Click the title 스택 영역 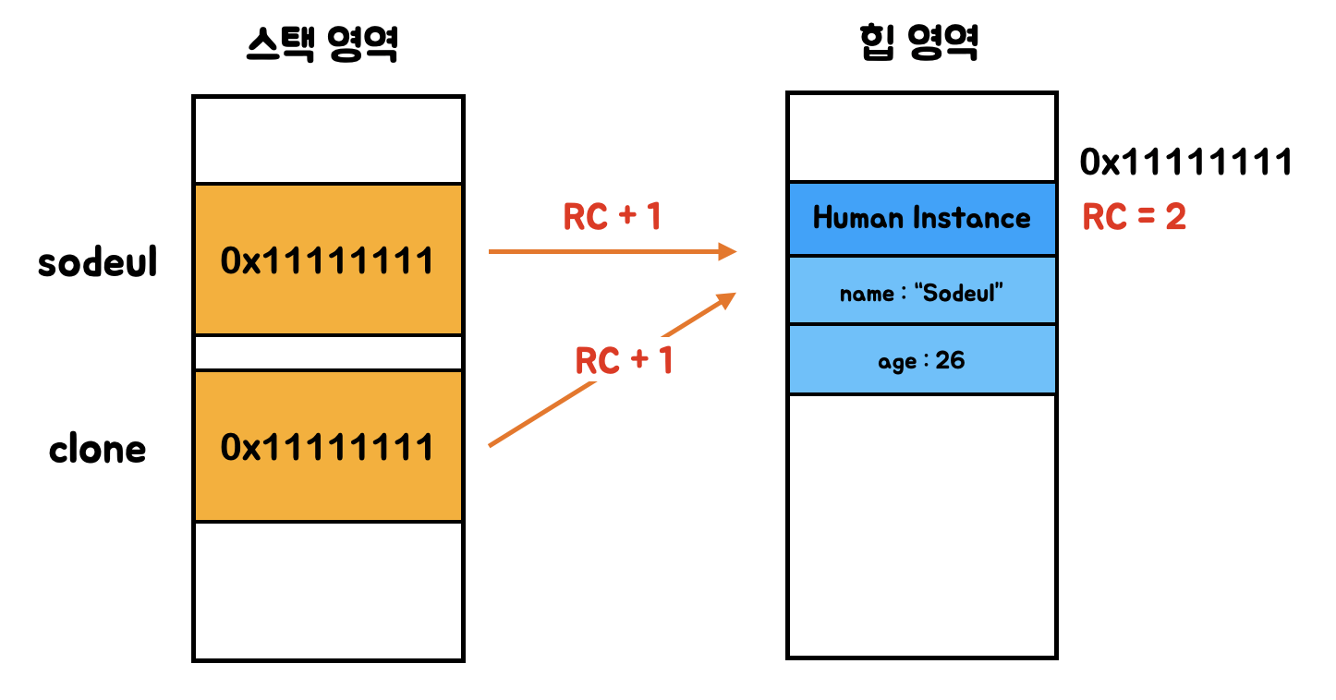click(x=322, y=43)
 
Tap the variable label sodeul click(x=98, y=262)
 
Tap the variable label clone click(x=98, y=450)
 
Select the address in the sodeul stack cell click(x=327, y=261)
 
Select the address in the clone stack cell click(x=327, y=448)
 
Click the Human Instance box click(x=921, y=219)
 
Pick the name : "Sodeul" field click(x=921, y=294)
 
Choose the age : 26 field click(x=921, y=360)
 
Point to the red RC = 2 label click(x=1134, y=218)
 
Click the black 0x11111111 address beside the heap click(x=1185, y=163)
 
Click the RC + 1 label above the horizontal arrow click(x=613, y=217)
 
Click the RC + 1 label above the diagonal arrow click(x=624, y=360)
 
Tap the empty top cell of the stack click(x=328, y=139)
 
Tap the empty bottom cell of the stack click(x=328, y=591)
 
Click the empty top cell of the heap click(x=921, y=137)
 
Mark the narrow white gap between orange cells click(x=328, y=353)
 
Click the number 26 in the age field click(x=950, y=360)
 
